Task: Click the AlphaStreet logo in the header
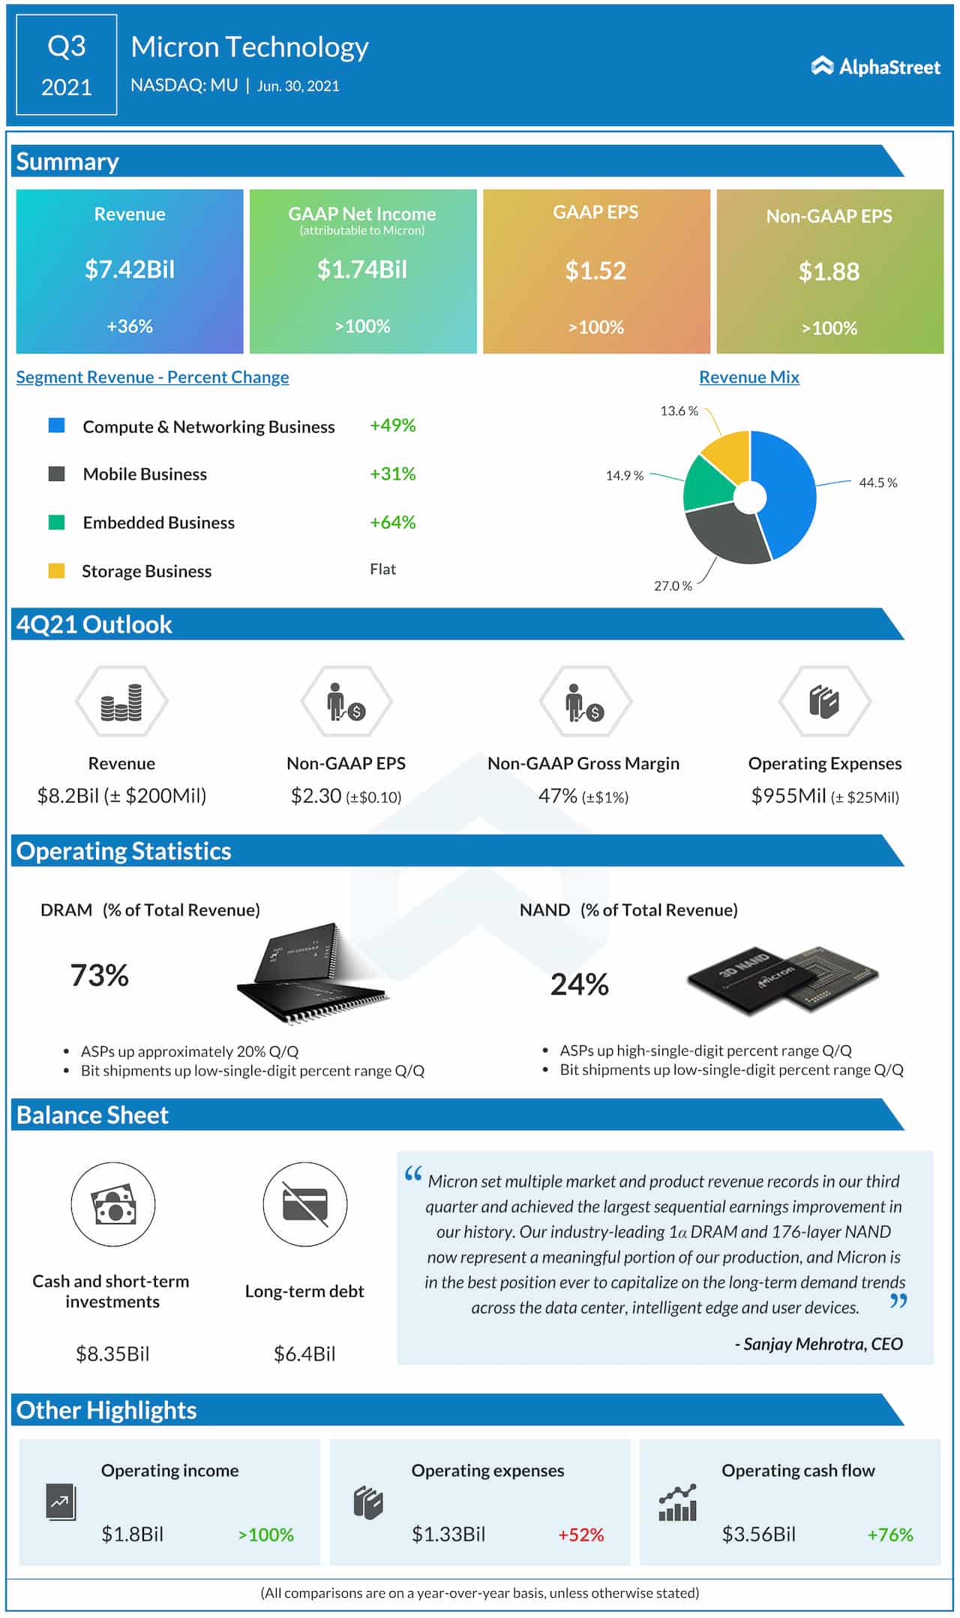(x=875, y=67)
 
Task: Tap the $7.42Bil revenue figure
(x=129, y=269)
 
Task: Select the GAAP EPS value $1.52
(x=595, y=271)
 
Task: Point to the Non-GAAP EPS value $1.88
(x=829, y=272)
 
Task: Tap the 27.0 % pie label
(x=673, y=586)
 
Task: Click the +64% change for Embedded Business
(x=392, y=522)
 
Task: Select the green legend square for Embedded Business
(x=56, y=522)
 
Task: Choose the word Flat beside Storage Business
(x=382, y=570)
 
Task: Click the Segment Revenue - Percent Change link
(x=152, y=377)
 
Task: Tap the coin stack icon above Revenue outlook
(x=121, y=702)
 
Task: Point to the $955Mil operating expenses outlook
(x=788, y=795)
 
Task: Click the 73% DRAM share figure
(x=99, y=976)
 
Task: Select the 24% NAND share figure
(x=579, y=985)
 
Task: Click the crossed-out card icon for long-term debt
(x=304, y=1205)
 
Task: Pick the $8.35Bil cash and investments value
(x=112, y=1354)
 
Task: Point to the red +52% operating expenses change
(x=580, y=1535)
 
